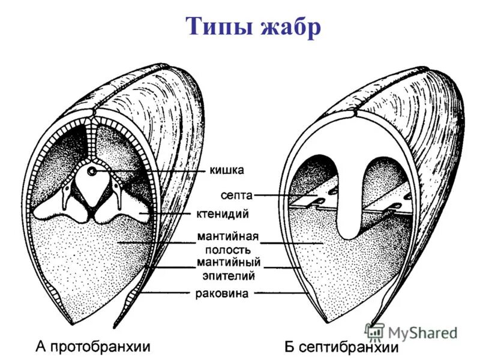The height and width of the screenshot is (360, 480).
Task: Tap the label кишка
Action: tap(226, 170)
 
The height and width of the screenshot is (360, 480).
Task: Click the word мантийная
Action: tap(225, 236)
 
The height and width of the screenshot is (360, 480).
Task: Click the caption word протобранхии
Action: tap(100, 346)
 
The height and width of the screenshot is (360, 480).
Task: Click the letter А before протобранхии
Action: tap(41, 346)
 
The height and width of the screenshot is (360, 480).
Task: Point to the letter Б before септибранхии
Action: tap(289, 346)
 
